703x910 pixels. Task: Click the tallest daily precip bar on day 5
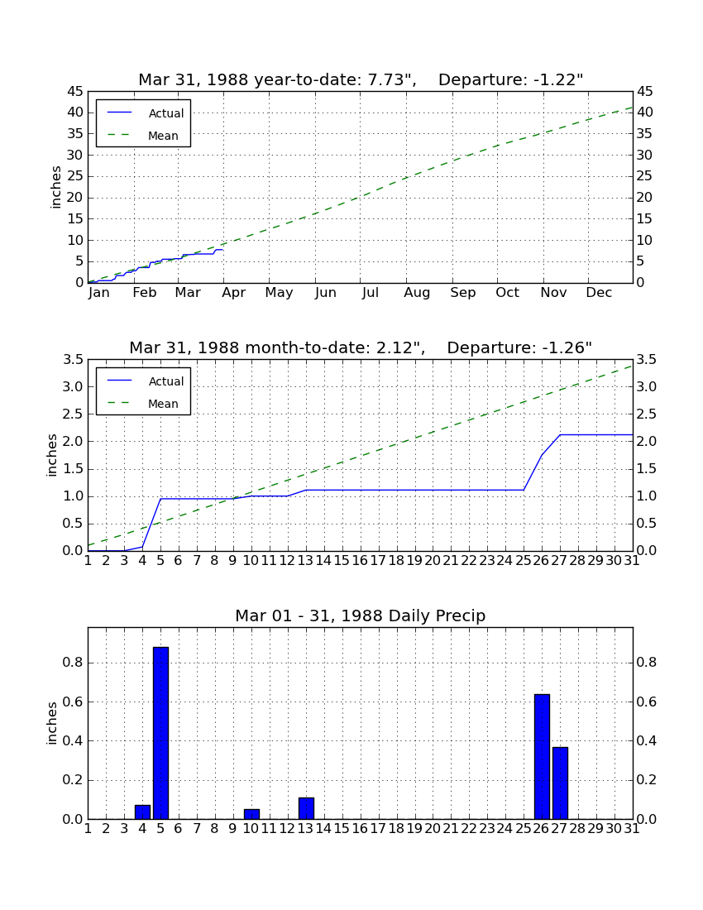tap(160, 733)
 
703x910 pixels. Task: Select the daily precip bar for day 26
tap(542, 757)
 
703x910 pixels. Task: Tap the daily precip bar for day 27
tap(560, 783)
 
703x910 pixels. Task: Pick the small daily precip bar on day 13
tap(306, 808)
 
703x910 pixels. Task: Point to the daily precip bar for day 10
tap(251, 814)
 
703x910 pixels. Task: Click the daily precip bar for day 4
tap(143, 812)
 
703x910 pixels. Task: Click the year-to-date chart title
tap(361, 79)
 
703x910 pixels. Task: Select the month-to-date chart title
tap(361, 347)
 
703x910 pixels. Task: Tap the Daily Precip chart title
tap(361, 615)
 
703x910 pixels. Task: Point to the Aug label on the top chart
tap(417, 293)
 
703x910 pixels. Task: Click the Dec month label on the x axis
tap(599, 293)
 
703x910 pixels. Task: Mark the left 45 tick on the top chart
tap(76, 92)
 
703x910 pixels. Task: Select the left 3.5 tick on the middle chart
tap(74, 360)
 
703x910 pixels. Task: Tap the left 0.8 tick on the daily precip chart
tap(74, 663)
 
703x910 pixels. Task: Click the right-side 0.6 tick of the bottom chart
tap(647, 702)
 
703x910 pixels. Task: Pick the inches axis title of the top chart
tap(55, 187)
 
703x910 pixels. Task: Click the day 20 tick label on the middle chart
tap(433, 561)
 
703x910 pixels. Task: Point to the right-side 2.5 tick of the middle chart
tap(647, 414)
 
